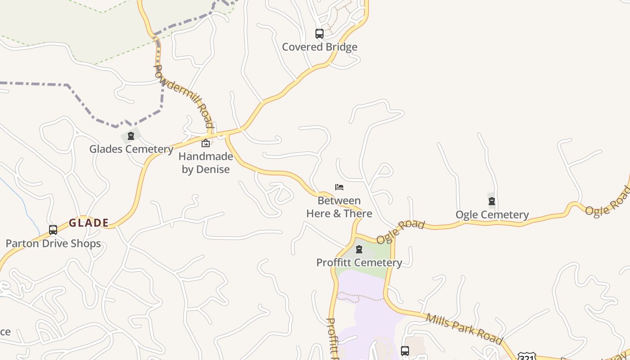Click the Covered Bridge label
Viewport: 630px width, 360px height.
click(x=319, y=47)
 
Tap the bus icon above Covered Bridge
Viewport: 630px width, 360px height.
click(x=319, y=34)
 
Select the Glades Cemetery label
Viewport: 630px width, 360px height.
click(x=131, y=149)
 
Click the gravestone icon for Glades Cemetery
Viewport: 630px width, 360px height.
click(x=131, y=136)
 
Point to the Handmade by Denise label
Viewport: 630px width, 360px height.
click(x=206, y=163)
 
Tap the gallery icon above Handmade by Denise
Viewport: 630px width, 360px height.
click(x=206, y=143)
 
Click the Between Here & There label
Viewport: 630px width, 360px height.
click(x=339, y=207)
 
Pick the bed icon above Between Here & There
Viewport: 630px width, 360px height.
click(x=339, y=187)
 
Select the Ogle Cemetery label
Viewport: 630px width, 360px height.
click(x=492, y=215)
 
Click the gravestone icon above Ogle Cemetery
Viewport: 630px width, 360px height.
click(x=492, y=201)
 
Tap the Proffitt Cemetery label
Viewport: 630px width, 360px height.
click(x=359, y=262)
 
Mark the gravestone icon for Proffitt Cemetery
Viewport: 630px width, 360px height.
click(x=359, y=249)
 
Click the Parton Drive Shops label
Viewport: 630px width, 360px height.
click(x=53, y=243)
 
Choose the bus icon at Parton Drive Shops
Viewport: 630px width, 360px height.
click(x=53, y=230)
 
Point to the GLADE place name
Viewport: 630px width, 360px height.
click(x=89, y=223)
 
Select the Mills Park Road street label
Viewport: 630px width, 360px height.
click(x=463, y=329)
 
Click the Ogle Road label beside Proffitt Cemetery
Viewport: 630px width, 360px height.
click(x=400, y=232)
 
